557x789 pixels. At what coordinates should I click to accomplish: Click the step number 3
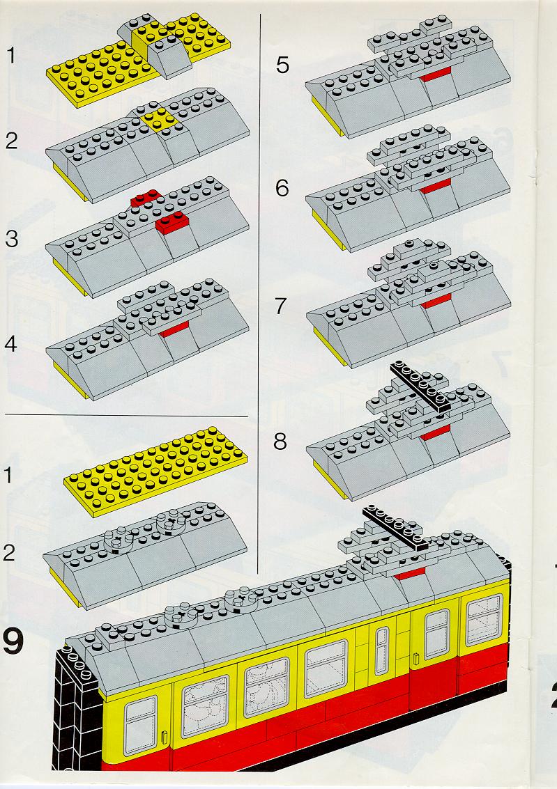click(x=11, y=238)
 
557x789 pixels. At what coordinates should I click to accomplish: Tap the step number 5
click(x=282, y=65)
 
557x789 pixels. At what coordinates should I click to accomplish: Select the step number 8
click(x=280, y=442)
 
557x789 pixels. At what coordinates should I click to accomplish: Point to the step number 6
click(x=282, y=188)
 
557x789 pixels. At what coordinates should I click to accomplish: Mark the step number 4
click(x=10, y=345)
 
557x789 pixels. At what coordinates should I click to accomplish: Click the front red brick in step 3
click(x=171, y=222)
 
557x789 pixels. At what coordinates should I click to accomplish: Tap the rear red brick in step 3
click(x=145, y=198)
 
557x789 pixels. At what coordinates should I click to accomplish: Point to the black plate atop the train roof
click(x=395, y=527)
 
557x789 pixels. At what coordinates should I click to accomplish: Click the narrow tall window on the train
click(x=381, y=650)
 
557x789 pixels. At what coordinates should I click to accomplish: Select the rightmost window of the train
click(x=484, y=620)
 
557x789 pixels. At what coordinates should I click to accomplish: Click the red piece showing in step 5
click(x=436, y=76)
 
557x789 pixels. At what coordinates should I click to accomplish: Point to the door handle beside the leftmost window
click(x=165, y=737)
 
